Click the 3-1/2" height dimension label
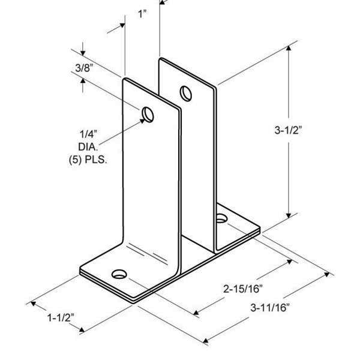pos(287,130)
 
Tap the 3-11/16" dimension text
pos(270,308)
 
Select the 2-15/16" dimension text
pos(243,289)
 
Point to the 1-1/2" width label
pos(61,318)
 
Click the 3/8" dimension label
pos(84,68)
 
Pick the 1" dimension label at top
pos(142,14)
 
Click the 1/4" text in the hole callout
pos(88,134)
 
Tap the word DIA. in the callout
pos(88,147)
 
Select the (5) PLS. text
pos(88,160)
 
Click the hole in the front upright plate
pos(148,115)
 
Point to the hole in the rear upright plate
pos(186,93)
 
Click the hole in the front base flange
pos(119,274)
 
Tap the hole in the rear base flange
pos(221,218)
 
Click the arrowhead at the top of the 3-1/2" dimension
pos(289,48)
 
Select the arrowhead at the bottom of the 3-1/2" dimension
pos(289,215)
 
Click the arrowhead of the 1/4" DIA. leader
pos(143,121)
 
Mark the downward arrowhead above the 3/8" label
pos(83,53)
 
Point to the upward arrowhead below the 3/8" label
pos(83,80)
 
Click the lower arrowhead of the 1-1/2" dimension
pos(82,330)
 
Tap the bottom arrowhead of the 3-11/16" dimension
pos(206,340)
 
